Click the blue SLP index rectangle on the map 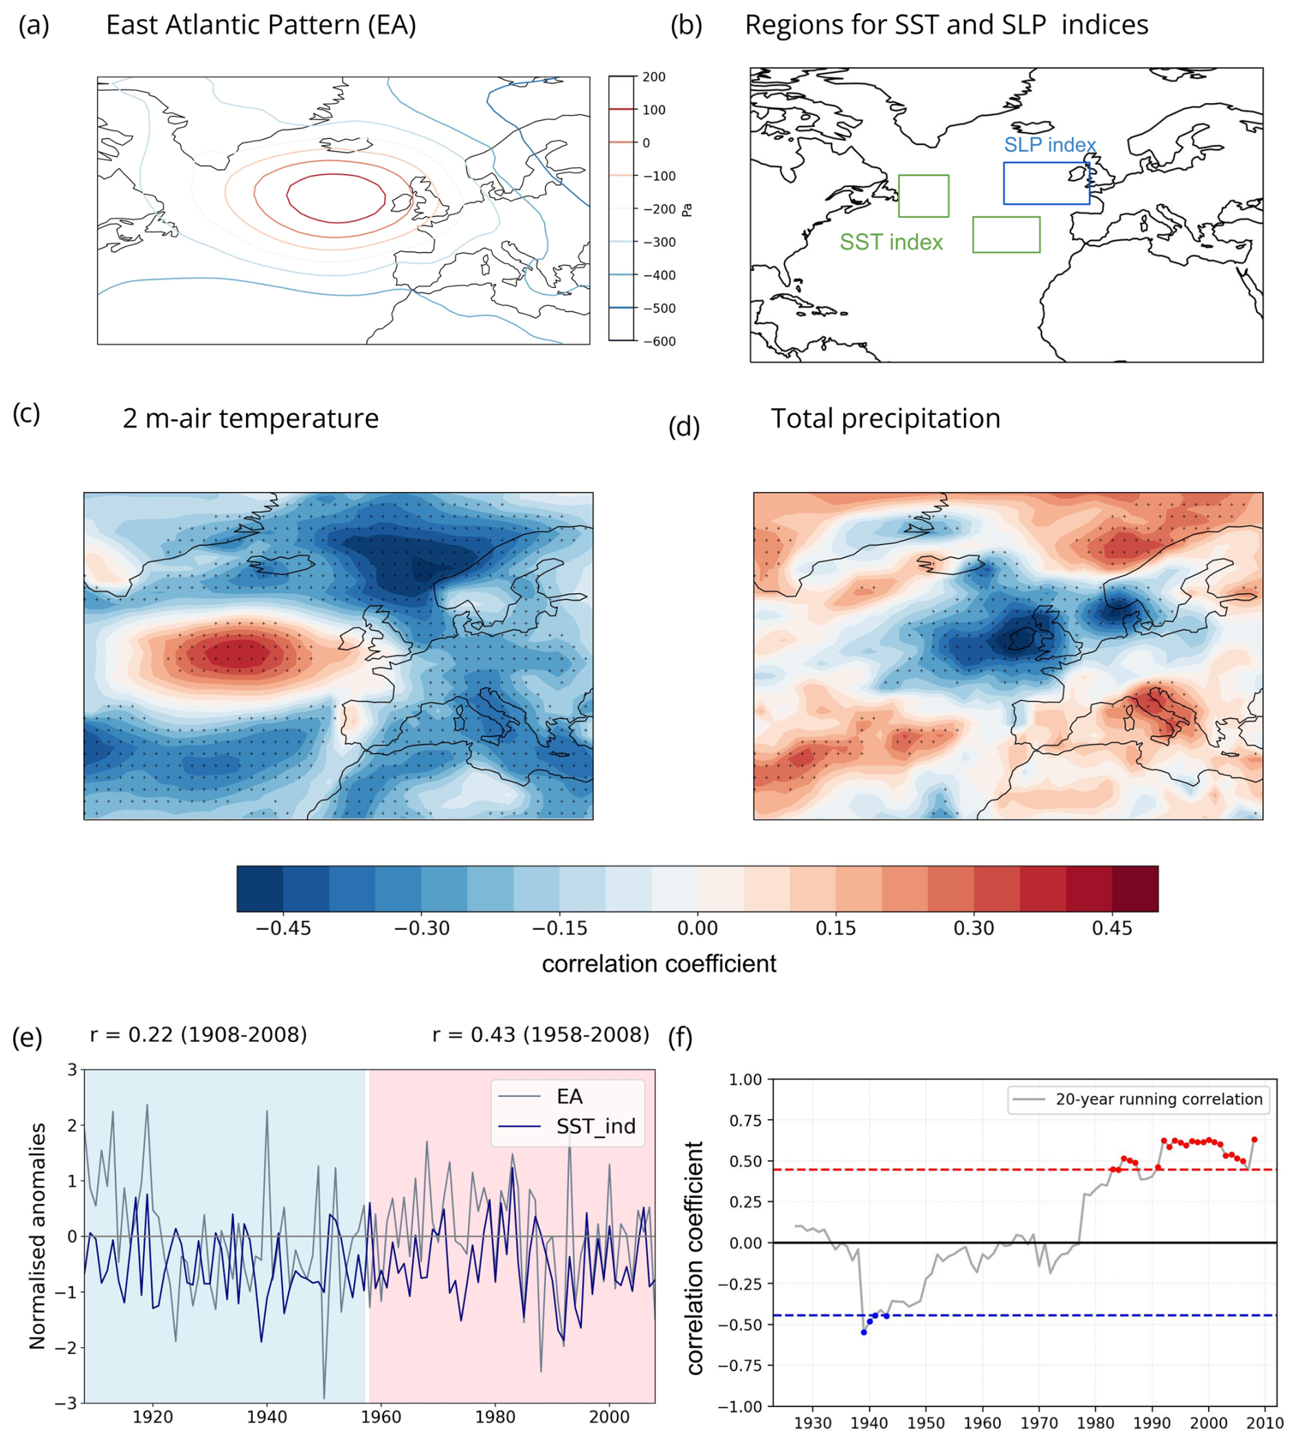point(1046,184)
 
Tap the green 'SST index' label point(890,242)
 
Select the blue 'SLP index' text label point(1049,145)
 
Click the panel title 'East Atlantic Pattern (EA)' point(260,25)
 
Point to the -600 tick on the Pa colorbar point(660,342)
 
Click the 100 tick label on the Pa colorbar point(653,110)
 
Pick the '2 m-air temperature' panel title point(250,419)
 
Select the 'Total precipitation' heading point(885,419)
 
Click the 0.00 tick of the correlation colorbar point(697,928)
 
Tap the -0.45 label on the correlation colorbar point(283,928)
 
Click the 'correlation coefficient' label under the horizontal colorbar point(658,964)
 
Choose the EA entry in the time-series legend point(570,1096)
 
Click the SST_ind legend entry point(596,1126)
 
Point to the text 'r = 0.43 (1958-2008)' point(541,1034)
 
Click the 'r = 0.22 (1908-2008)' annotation point(199,1034)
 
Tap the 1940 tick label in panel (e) point(267,1416)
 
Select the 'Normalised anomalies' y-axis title point(37,1235)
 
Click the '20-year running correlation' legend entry point(1158,1099)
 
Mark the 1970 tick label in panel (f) point(1039,1422)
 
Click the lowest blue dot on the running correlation point(864,1332)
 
